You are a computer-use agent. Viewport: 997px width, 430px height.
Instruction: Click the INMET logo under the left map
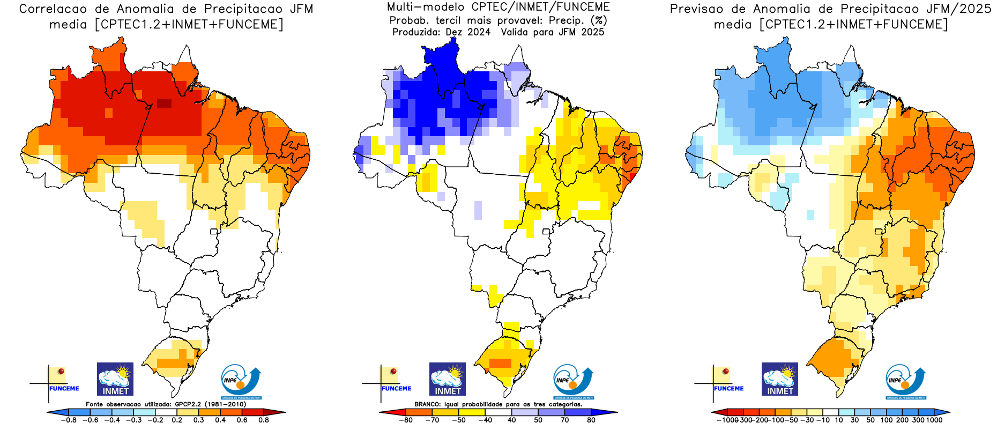(x=115, y=379)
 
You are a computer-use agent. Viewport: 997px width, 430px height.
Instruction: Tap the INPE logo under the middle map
(x=573, y=382)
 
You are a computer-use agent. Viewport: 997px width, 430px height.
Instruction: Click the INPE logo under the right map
(x=905, y=382)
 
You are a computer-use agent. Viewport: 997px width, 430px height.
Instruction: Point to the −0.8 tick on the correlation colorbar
(x=69, y=420)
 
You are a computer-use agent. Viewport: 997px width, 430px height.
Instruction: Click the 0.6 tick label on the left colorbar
(x=242, y=420)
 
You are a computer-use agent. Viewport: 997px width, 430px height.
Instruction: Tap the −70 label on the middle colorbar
(x=432, y=420)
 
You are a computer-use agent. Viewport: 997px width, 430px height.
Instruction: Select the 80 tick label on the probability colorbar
(x=591, y=420)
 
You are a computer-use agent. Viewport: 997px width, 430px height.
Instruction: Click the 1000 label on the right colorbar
(x=934, y=420)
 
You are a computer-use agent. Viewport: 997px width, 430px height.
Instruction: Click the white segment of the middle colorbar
(x=498, y=412)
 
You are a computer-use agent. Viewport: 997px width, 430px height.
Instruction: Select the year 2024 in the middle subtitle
(x=479, y=32)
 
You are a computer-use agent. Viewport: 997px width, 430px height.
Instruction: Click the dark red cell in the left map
(x=164, y=103)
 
